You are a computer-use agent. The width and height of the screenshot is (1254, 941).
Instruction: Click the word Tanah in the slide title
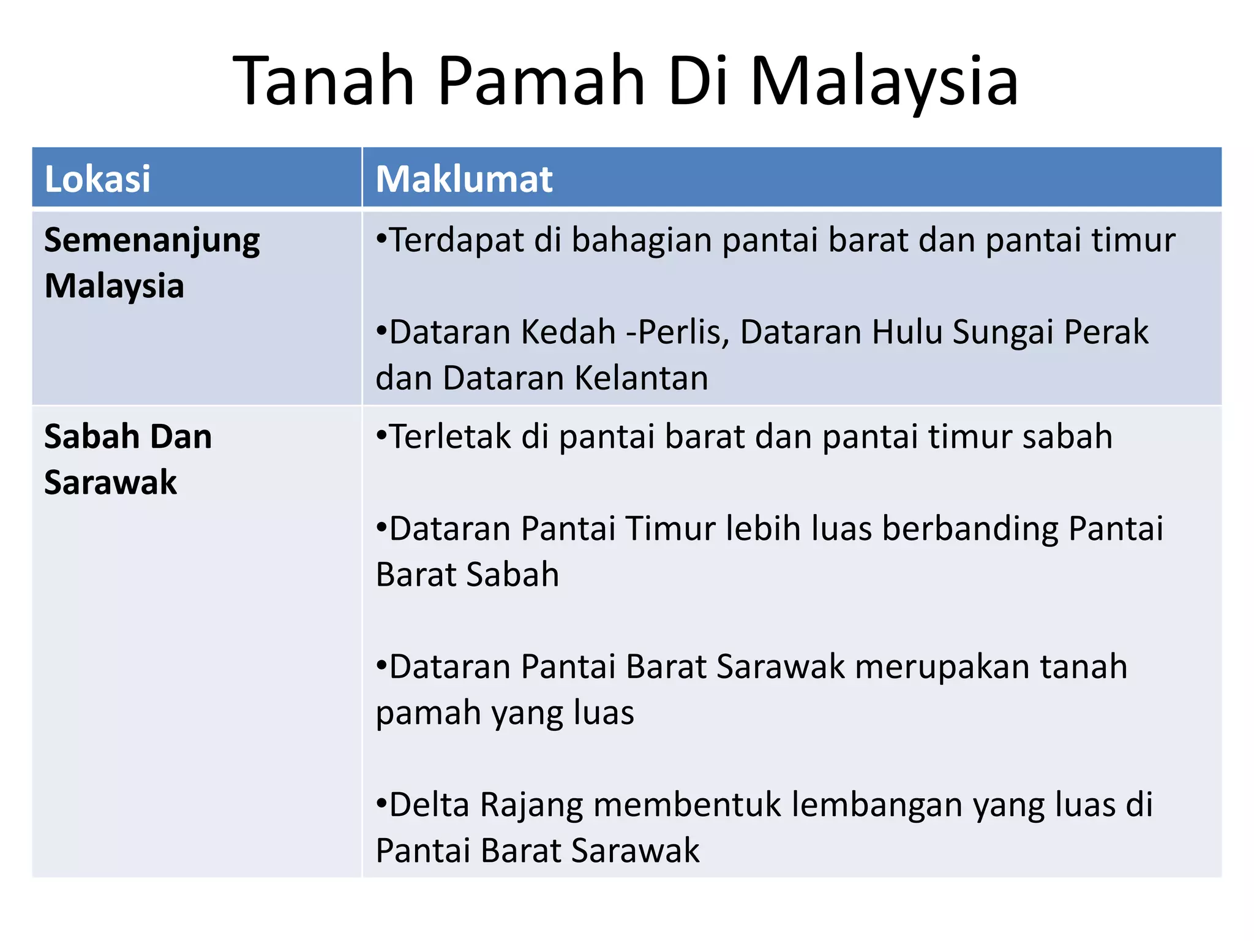tap(324, 81)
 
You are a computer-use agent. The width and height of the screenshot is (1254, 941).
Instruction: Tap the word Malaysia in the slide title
tap(884, 82)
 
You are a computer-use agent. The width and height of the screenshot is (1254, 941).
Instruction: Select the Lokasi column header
tap(97, 179)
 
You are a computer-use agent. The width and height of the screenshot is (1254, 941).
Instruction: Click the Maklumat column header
tap(464, 179)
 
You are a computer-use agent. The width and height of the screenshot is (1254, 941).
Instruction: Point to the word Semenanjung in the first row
tap(152, 241)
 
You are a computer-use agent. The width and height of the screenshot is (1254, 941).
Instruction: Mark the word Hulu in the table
tap(907, 332)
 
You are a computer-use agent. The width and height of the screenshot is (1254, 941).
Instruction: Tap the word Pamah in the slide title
tap(541, 81)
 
